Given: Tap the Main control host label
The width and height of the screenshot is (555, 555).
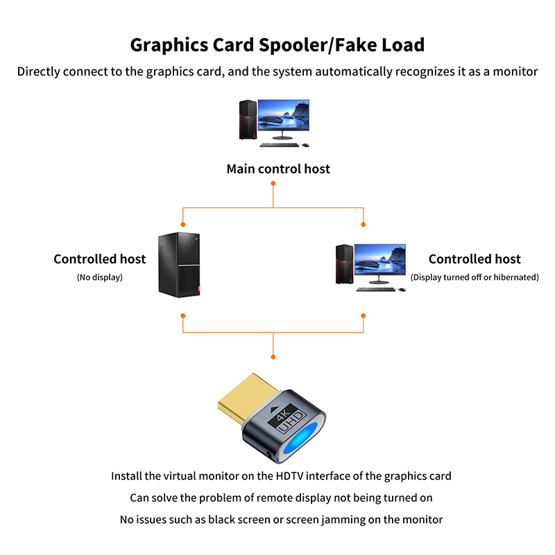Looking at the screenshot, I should (x=278, y=169).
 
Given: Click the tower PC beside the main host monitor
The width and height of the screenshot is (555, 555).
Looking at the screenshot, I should (x=246, y=120).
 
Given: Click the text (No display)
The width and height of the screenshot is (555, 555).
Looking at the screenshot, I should (x=99, y=277).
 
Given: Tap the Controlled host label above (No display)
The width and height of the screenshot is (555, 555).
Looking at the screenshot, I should (x=99, y=259).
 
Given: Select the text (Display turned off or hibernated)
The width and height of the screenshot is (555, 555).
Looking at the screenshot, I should (x=475, y=277).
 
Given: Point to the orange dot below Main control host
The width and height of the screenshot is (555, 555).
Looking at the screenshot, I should (x=273, y=183).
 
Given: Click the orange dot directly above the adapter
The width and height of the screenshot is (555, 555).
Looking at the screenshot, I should (x=273, y=357).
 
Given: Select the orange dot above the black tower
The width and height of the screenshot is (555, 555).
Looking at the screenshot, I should (x=183, y=224).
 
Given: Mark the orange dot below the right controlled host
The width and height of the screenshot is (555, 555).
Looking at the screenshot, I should (x=364, y=316).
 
